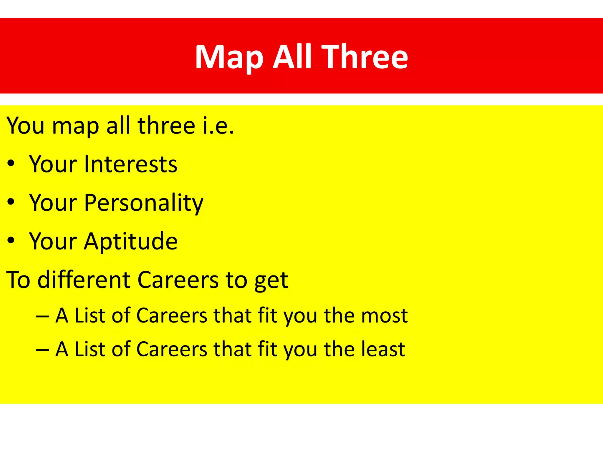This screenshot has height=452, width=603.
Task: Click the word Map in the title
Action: click(229, 57)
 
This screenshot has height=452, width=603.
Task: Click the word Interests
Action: click(131, 164)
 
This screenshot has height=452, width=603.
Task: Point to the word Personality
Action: click(144, 203)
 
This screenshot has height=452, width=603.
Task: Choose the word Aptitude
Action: click(131, 242)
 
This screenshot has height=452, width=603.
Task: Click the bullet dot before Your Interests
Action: click(11, 164)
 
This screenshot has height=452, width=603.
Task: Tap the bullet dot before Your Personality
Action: click(11, 202)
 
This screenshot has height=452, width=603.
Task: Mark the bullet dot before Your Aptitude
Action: click(11, 241)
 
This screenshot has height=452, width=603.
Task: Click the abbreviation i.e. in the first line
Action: click(218, 126)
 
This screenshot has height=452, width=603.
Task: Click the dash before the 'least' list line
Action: click(42, 350)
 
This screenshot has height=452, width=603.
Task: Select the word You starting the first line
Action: click(26, 126)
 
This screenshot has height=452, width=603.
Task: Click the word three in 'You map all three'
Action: click(166, 126)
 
